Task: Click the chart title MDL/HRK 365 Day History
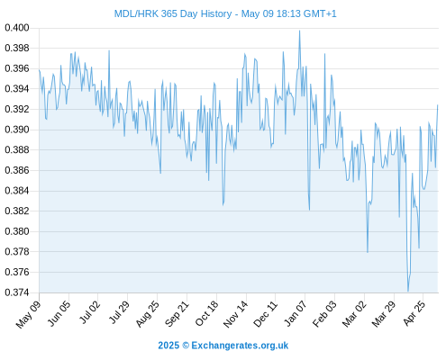[173, 13]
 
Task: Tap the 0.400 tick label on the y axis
[17, 28]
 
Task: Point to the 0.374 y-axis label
[17, 292]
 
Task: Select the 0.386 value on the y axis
[17, 170]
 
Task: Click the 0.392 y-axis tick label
[17, 109]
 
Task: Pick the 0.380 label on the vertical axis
[17, 231]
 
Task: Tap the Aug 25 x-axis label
[147, 313]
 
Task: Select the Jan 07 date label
[296, 313]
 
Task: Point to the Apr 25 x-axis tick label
[414, 313]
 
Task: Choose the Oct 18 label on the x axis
[206, 313]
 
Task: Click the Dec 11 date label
[265, 313]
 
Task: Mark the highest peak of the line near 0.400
[299, 31]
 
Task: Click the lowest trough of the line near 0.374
[408, 291]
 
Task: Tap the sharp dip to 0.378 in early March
[368, 252]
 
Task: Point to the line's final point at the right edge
[438, 105]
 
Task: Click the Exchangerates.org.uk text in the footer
[240, 346]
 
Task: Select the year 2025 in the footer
[168, 346]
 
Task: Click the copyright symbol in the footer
[186, 346]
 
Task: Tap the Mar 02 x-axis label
[354, 313]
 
